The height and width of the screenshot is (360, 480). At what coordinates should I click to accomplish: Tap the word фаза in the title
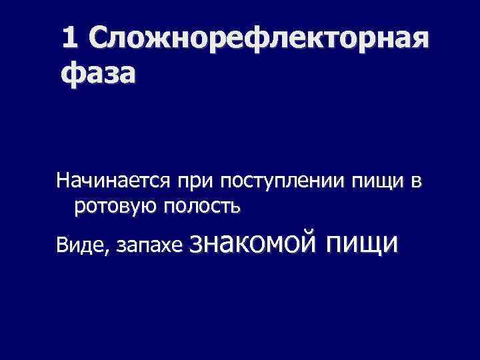[97, 72]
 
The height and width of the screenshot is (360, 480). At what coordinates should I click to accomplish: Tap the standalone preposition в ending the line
[417, 182]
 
